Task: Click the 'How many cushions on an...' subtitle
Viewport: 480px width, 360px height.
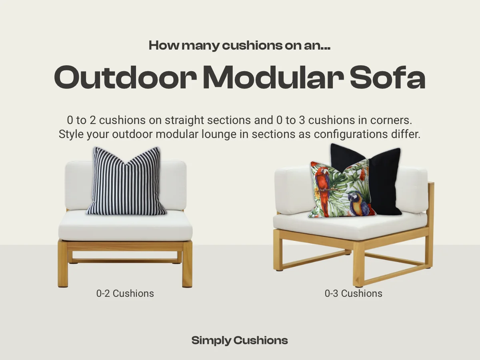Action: point(240,46)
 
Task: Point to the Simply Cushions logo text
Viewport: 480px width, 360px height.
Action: point(240,341)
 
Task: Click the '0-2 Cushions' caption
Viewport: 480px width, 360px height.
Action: point(125,293)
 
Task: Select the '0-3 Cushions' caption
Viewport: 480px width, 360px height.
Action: point(354,293)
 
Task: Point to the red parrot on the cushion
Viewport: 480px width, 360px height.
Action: point(322,182)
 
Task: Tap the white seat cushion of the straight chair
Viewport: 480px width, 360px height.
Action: point(125,226)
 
